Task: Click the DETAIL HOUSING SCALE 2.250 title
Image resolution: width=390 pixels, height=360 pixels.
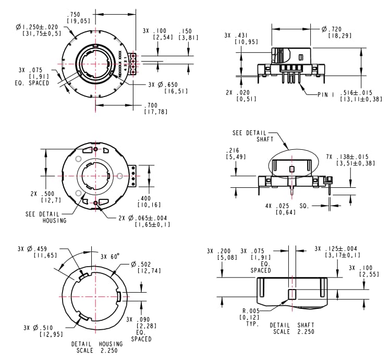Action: (x=97, y=347)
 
